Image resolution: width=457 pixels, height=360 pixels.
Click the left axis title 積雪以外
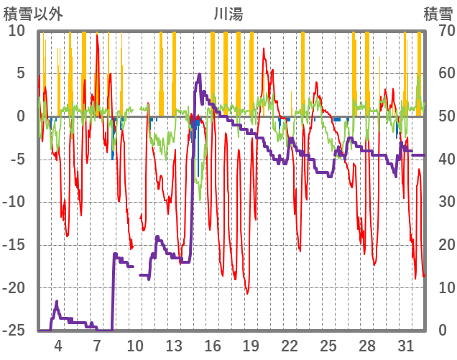[33, 14]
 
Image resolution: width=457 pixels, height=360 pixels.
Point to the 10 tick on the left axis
[17, 31]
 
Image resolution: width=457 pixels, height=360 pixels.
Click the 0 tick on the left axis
[21, 116]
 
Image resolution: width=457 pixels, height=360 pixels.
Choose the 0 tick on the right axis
[441, 331]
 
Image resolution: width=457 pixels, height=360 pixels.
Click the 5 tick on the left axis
[21, 73]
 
